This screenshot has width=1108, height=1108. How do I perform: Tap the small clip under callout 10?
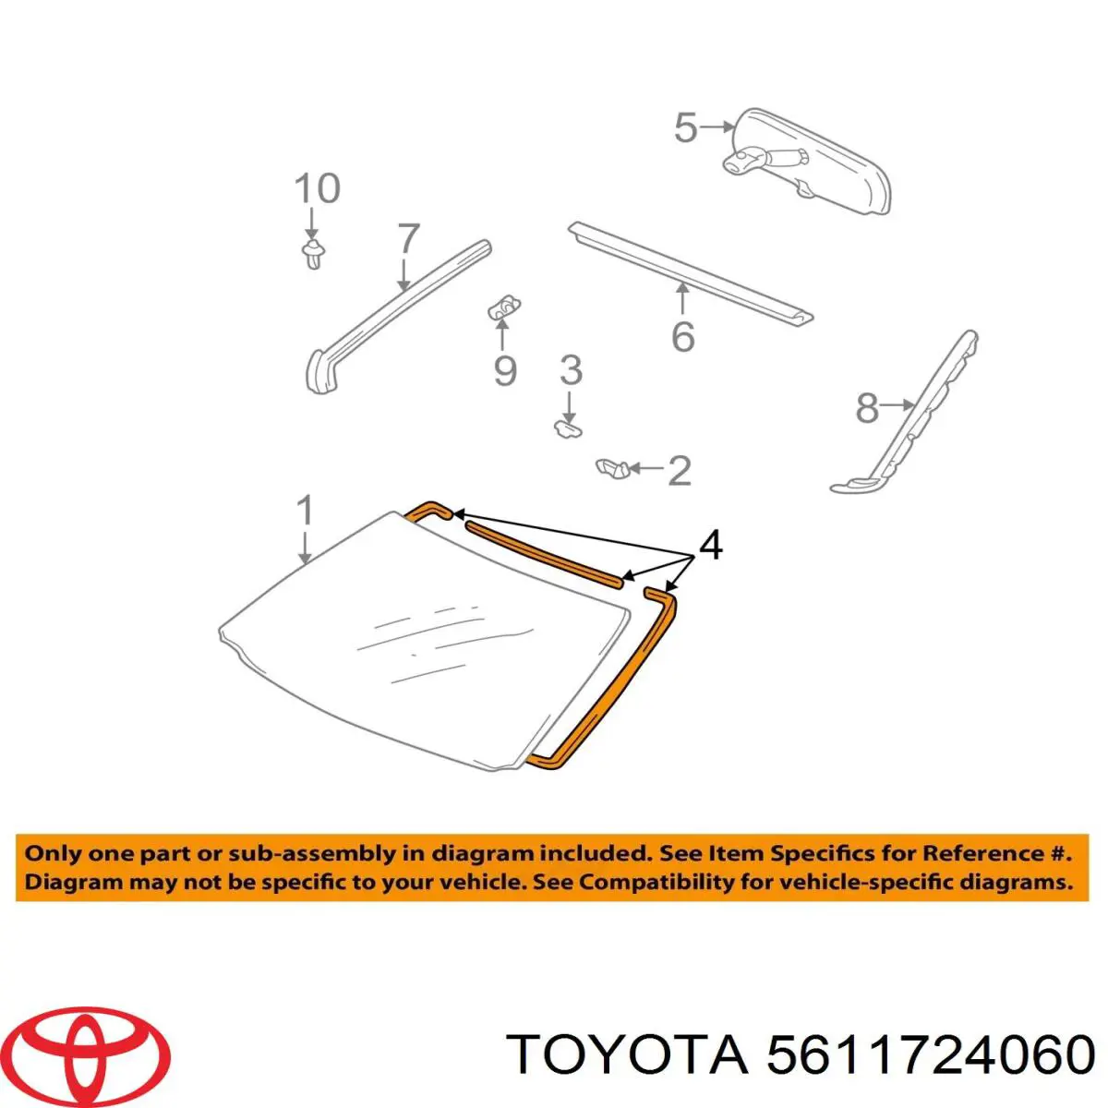click(313, 254)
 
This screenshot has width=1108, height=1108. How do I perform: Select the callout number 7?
click(408, 238)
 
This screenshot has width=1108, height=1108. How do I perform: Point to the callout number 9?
click(505, 371)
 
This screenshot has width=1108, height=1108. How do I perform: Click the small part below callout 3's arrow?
click(568, 428)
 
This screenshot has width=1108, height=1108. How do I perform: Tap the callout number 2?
click(679, 470)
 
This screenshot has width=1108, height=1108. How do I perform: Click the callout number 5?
click(685, 127)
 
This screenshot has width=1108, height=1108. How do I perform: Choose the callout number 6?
click(683, 336)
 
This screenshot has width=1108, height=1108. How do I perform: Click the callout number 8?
click(867, 408)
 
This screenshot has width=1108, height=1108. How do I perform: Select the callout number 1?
click(305, 510)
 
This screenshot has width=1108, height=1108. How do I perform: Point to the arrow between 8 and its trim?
click(897, 406)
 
